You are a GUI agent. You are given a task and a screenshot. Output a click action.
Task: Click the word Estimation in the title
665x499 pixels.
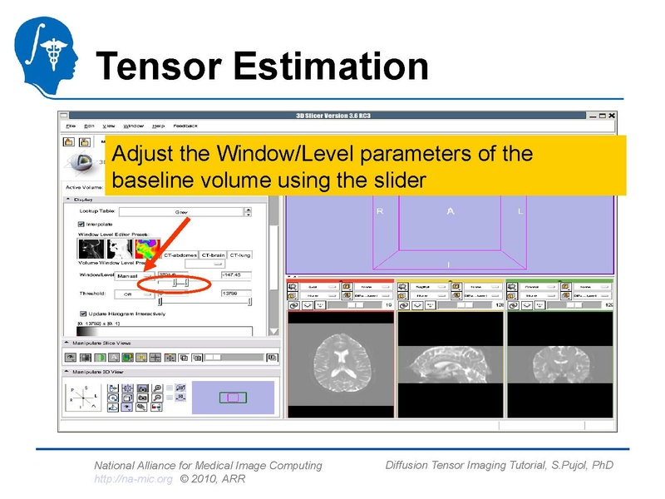pyautogui.click(x=330, y=67)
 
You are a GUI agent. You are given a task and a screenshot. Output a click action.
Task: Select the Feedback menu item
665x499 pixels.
pyautogui.click(x=185, y=126)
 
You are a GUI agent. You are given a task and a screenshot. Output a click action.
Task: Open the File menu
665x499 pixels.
pyautogui.click(x=71, y=126)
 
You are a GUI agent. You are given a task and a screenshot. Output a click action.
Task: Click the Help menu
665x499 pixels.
pyautogui.click(x=158, y=126)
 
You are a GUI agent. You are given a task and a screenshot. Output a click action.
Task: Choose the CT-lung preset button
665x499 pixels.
pyautogui.click(x=240, y=254)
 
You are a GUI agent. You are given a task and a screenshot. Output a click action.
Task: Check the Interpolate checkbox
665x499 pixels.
pyautogui.click(x=81, y=224)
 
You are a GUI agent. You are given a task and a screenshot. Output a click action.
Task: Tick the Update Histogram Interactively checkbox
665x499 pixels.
pyautogui.click(x=81, y=314)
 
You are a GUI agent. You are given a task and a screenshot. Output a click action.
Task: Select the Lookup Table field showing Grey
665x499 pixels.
pyautogui.click(x=181, y=212)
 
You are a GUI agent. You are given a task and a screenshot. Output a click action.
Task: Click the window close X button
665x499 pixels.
pyautogui.click(x=612, y=115)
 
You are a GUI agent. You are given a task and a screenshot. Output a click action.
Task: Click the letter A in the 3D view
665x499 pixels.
pyautogui.click(x=451, y=211)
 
